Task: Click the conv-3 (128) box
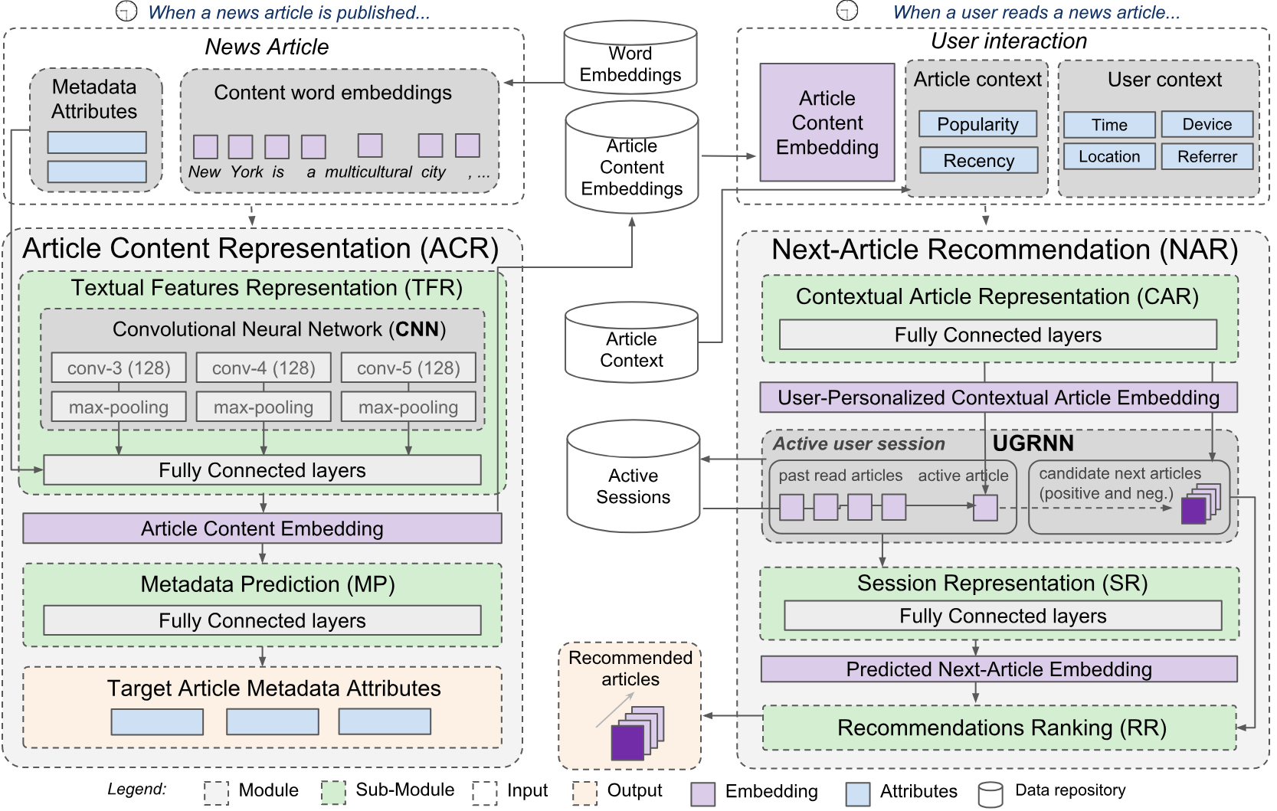click(x=119, y=368)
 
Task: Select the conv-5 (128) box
click(x=408, y=368)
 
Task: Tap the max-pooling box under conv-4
click(x=264, y=407)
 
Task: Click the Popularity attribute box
click(x=977, y=124)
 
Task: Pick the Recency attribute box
click(x=978, y=160)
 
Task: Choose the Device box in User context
click(x=1207, y=124)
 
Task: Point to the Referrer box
click(x=1207, y=156)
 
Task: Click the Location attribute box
click(x=1109, y=156)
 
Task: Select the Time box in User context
click(x=1109, y=124)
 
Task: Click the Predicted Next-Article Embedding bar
click(x=998, y=669)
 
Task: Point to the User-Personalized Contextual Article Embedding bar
click(x=998, y=397)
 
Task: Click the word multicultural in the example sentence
click(x=368, y=172)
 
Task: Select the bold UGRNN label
click(x=1033, y=443)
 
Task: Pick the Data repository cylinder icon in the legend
click(x=990, y=793)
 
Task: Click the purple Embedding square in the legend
click(x=702, y=793)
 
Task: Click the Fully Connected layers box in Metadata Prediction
click(x=262, y=620)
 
